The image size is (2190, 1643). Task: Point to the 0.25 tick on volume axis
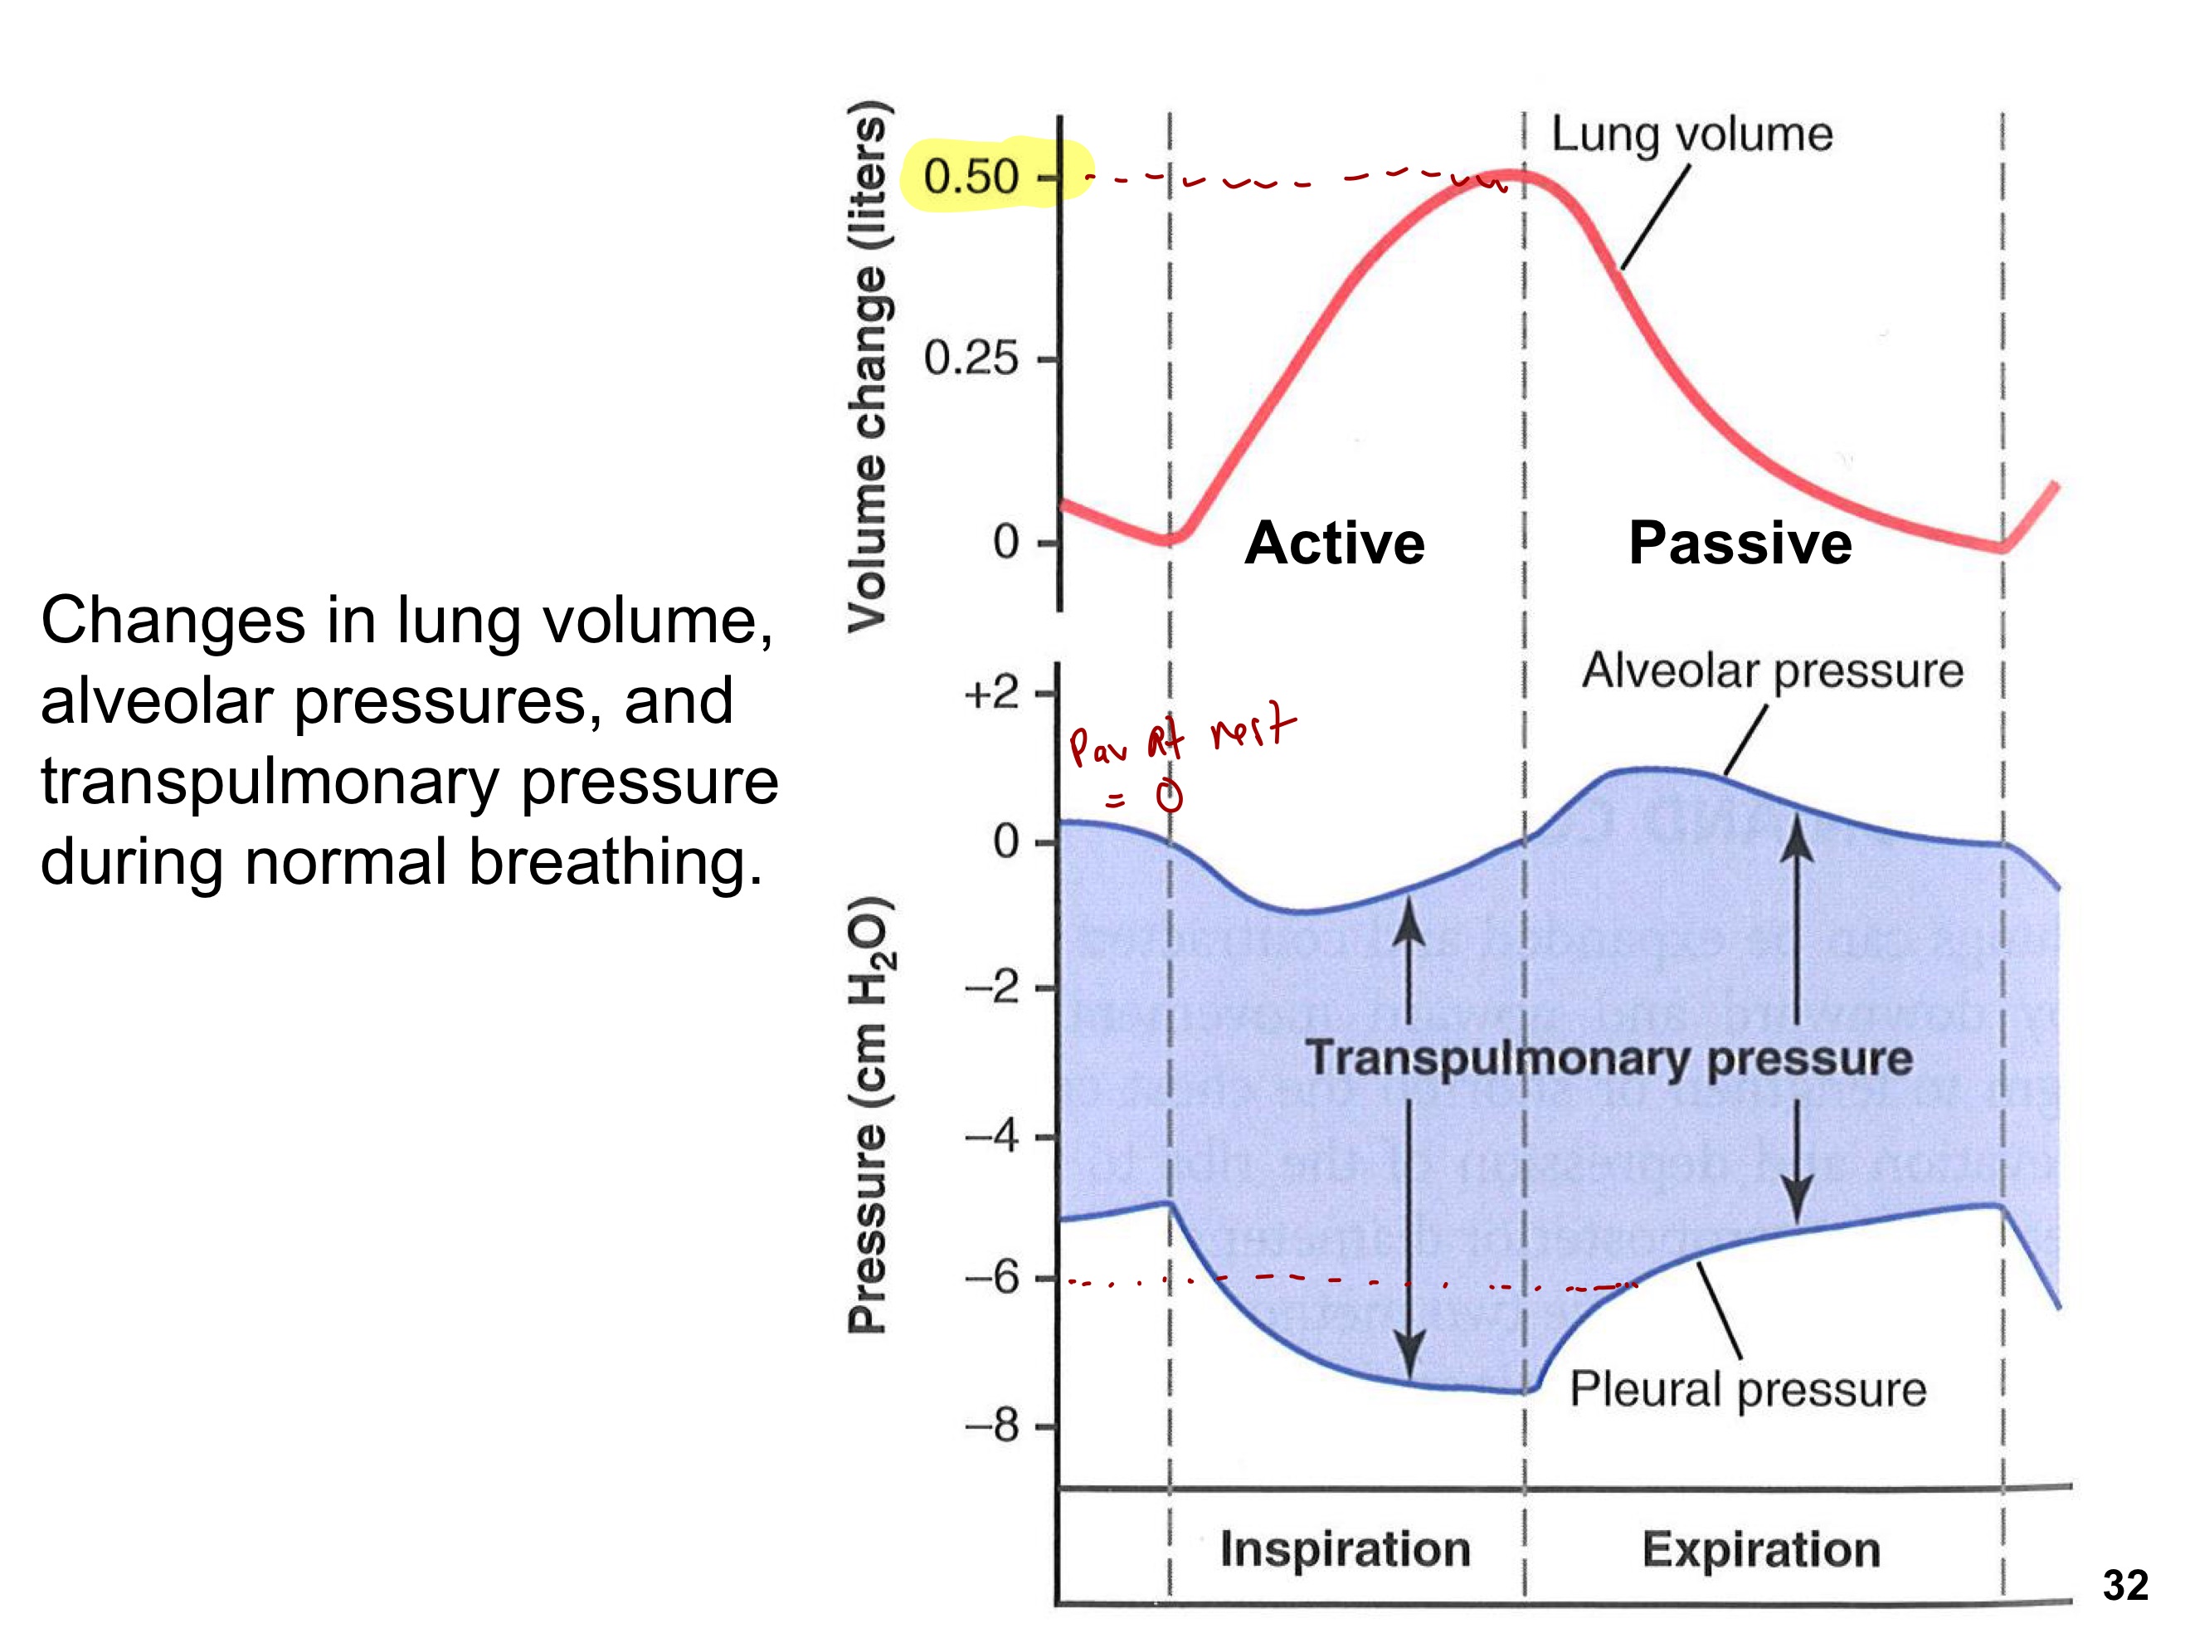point(971,358)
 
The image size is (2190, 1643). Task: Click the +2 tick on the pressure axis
point(991,693)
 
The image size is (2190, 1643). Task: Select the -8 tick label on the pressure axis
point(991,1427)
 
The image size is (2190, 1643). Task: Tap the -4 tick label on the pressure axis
point(991,1136)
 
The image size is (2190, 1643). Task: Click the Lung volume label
point(1691,134)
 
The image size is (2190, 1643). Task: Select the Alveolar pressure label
point(1772,670)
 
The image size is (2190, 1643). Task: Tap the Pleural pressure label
point(1748,1388)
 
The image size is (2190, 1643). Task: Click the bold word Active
point(1334,543)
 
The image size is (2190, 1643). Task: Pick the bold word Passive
point(1740,543)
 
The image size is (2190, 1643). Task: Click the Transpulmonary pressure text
point(1608,1058)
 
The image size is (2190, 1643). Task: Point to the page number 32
point(2124,1586)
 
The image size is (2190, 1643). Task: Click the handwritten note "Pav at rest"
point(1178,738)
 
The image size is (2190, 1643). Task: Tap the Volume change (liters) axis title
point(869,367)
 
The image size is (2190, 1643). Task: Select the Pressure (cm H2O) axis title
point(870,1114)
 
